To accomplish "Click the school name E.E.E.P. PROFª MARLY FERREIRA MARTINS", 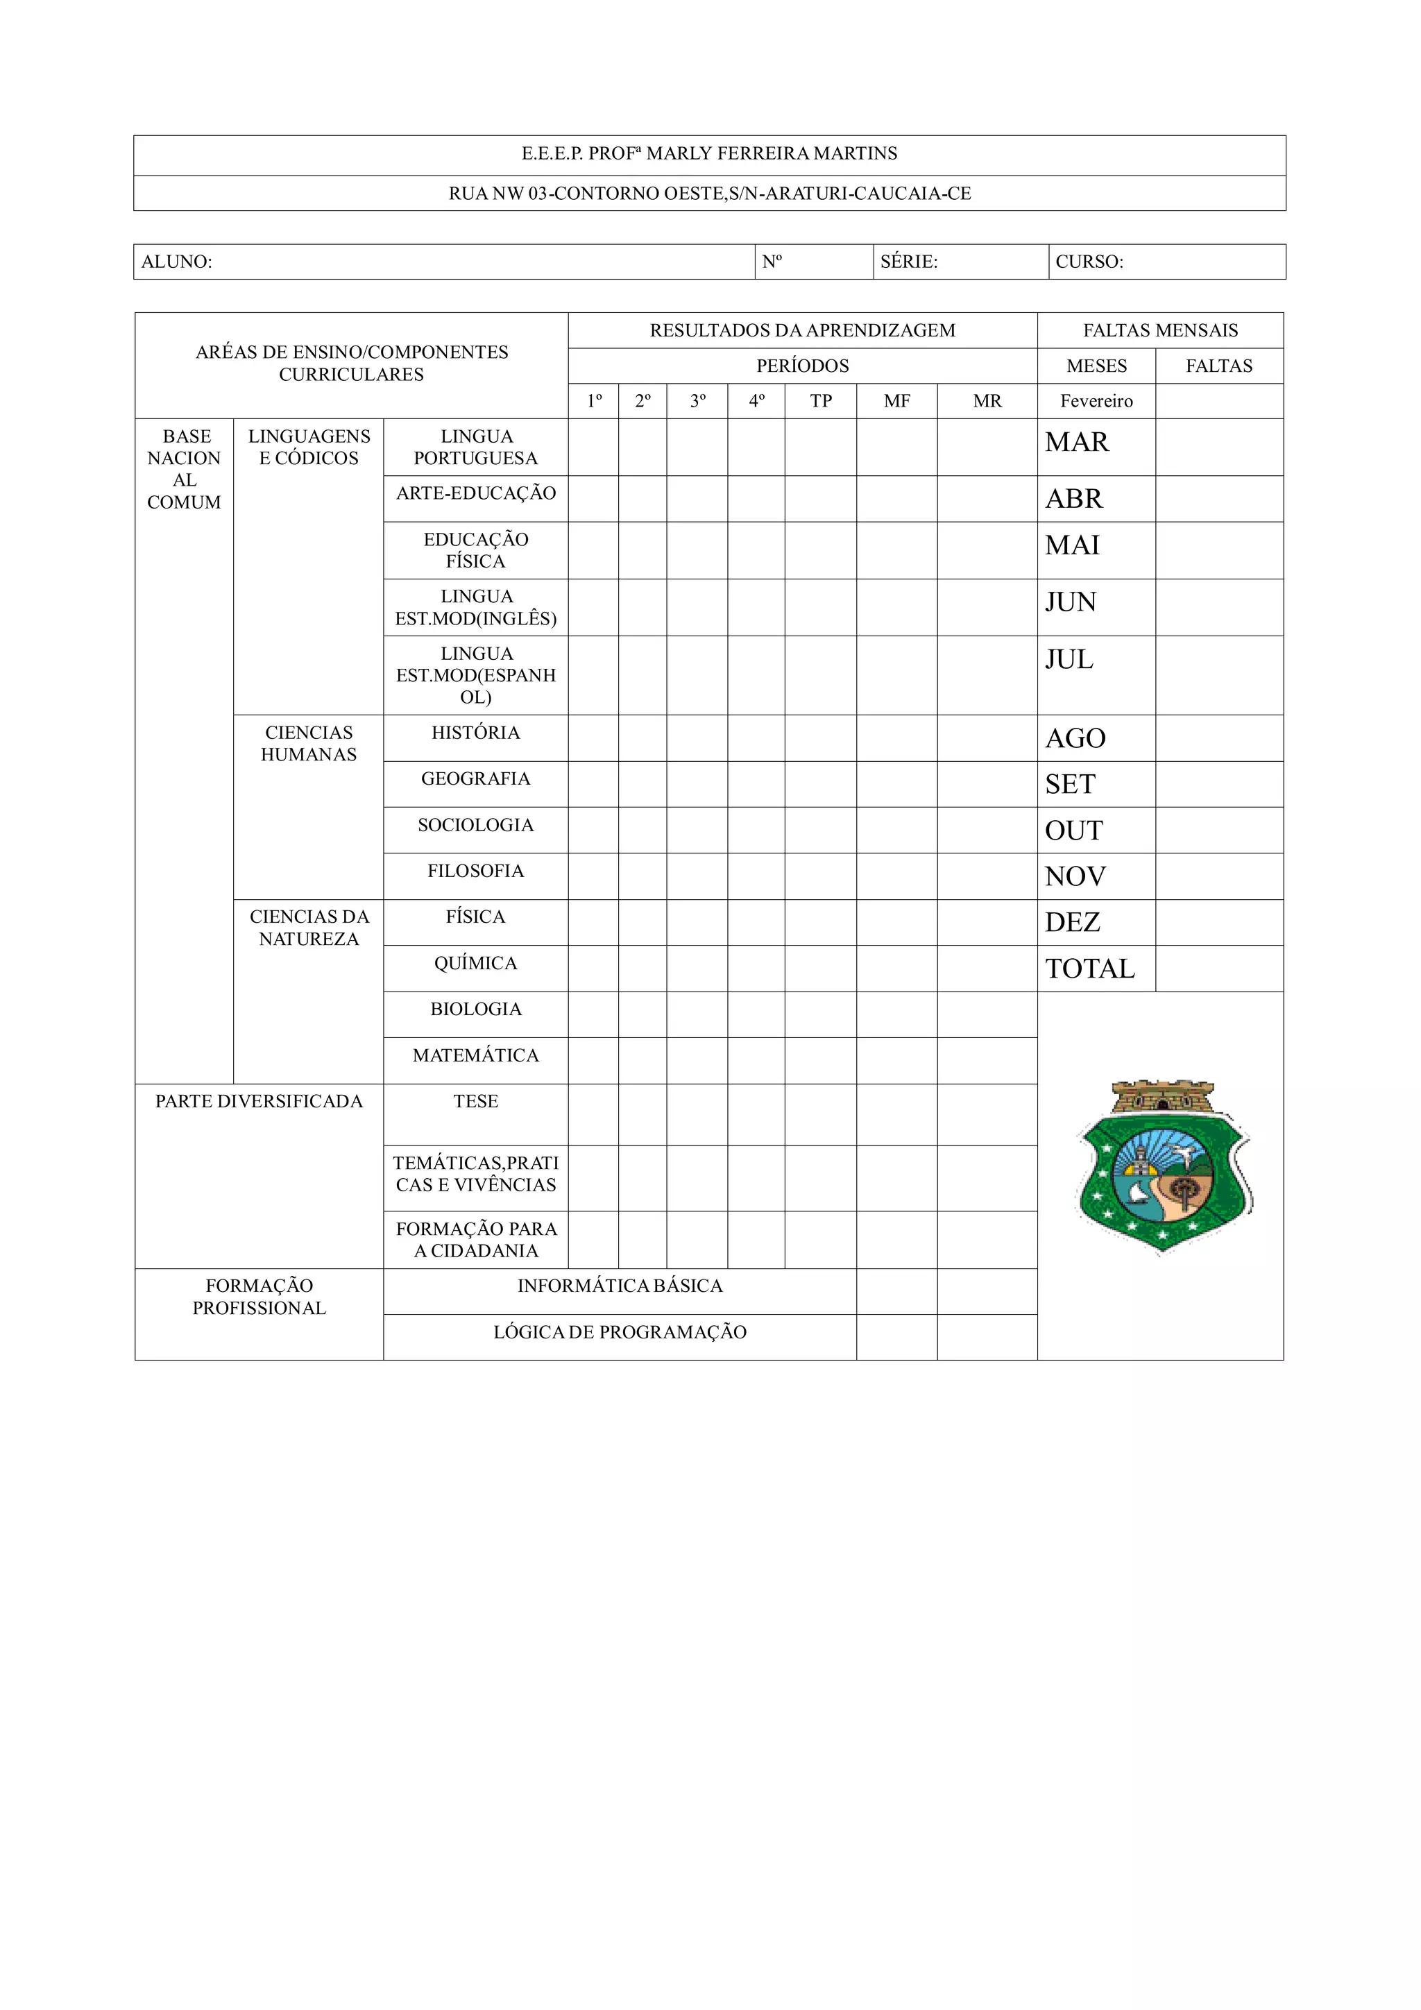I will [709, 154].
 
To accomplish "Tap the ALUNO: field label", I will [177, 262].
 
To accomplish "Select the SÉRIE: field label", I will [909, 262].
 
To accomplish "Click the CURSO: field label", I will [1089, 262].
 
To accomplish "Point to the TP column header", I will [820, 401].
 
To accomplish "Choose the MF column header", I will [896, 401].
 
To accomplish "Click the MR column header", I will [987, 401].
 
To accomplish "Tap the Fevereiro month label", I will [1096, 401].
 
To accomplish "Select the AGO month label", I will [1075, 738].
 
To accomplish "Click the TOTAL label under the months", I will [1090, 969].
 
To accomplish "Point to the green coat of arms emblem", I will [1164, 1168].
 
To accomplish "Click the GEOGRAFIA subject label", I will [475, 778].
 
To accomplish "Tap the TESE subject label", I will [475, 1101].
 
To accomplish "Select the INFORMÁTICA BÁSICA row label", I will [620, 1286].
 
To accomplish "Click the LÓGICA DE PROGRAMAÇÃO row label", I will [620, 1332].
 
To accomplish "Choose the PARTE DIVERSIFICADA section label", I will [259, 1101].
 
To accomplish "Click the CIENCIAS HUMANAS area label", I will [309, 743].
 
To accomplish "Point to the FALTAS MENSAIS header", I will [1160, 330].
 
